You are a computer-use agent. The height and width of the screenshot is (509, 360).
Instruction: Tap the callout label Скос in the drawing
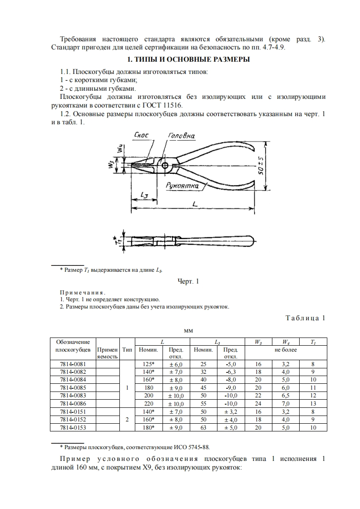pos(143,135)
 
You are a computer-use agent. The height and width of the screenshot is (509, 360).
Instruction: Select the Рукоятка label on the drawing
pos(180,186)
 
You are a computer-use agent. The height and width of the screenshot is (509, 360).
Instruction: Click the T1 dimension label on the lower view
pos(117,241)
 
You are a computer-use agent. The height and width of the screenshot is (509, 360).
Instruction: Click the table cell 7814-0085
pos(73,387)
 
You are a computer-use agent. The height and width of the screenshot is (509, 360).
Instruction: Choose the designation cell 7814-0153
pos(73,427)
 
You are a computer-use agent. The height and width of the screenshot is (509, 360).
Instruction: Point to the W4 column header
pos(286,342)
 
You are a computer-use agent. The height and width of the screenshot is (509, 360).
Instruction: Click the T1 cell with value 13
pos(313,403)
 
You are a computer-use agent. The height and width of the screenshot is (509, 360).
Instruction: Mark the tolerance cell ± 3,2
pos(231,411)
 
